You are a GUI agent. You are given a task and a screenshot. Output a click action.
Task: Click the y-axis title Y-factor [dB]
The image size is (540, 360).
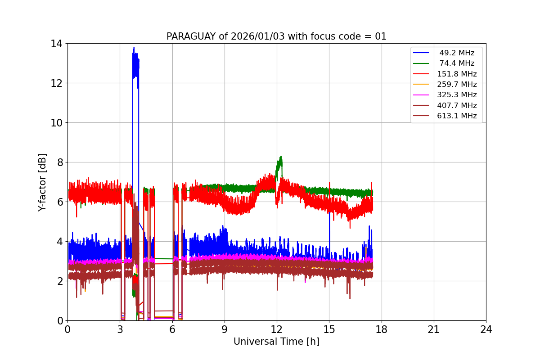[x=42, y=182]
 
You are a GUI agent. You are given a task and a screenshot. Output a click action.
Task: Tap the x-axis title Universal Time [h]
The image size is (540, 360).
[x=276, y=342]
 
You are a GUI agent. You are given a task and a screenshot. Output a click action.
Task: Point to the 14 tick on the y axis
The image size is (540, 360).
[x=57, y=44]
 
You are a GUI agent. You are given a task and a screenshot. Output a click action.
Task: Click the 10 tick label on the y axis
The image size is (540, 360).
[x=57, y=123]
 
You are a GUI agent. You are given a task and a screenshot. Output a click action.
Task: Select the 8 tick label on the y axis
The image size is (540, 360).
[x=59, y=162]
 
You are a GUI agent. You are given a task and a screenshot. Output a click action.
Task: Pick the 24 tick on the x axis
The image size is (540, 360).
[x=486, y=329]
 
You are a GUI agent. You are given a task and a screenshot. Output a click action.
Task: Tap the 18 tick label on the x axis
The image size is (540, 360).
[x=381, y=329]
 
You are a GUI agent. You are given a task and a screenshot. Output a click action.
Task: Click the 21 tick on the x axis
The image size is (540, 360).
[x=434, y=329]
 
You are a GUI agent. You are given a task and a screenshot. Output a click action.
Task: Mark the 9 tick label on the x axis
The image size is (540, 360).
[x=225, y=329]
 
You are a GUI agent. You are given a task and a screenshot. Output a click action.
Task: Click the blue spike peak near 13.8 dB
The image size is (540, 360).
[x=134, y=47]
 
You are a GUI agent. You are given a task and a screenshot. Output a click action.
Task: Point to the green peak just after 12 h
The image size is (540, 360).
[x=281, y=157]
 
